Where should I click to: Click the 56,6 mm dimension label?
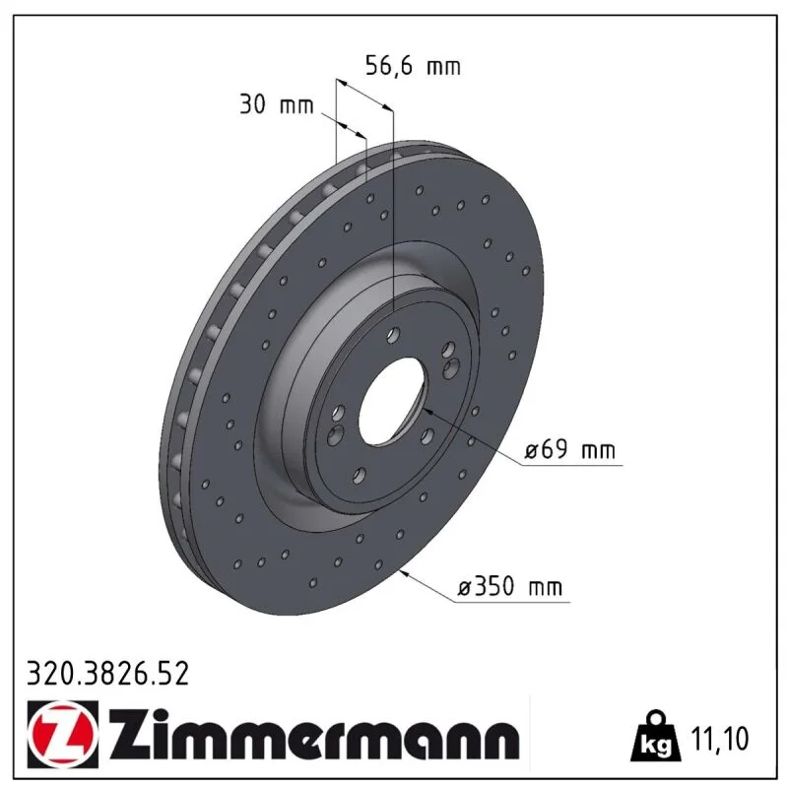413,66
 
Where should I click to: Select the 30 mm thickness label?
276,104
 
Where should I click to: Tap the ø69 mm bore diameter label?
569,449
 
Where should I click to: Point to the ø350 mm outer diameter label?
510,586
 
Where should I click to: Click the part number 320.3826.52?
107,674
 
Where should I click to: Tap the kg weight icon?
656,736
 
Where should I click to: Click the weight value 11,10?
720,738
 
